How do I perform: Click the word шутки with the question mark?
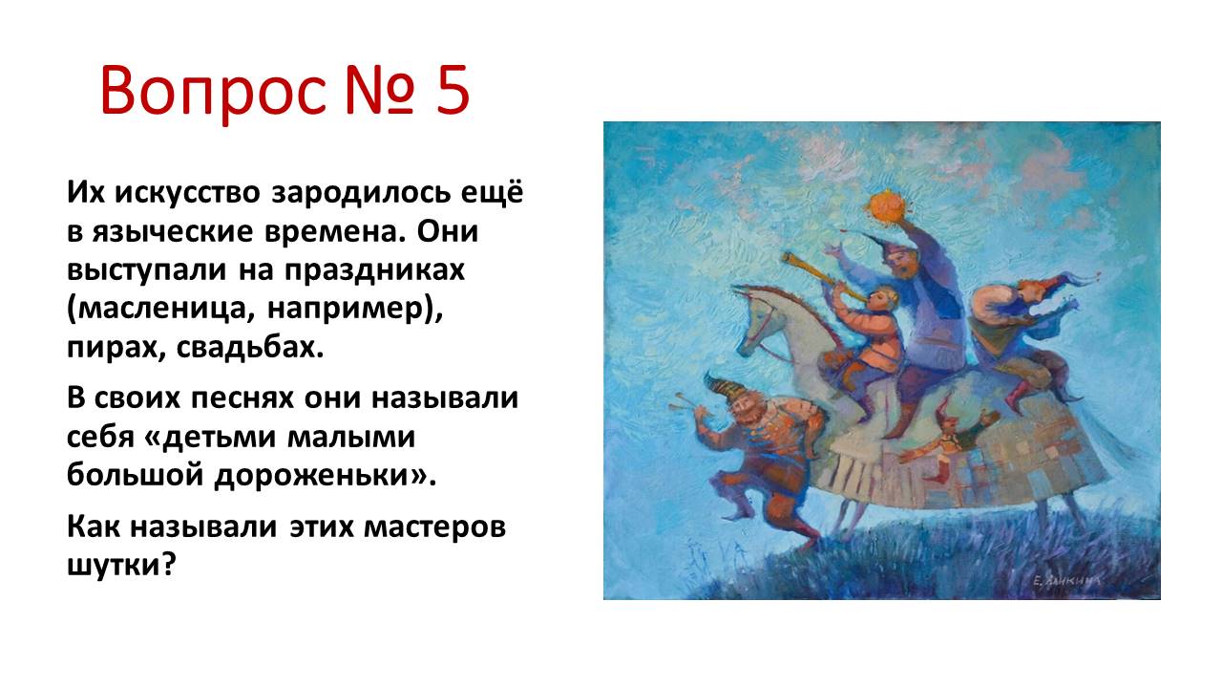[x=122, y=564]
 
